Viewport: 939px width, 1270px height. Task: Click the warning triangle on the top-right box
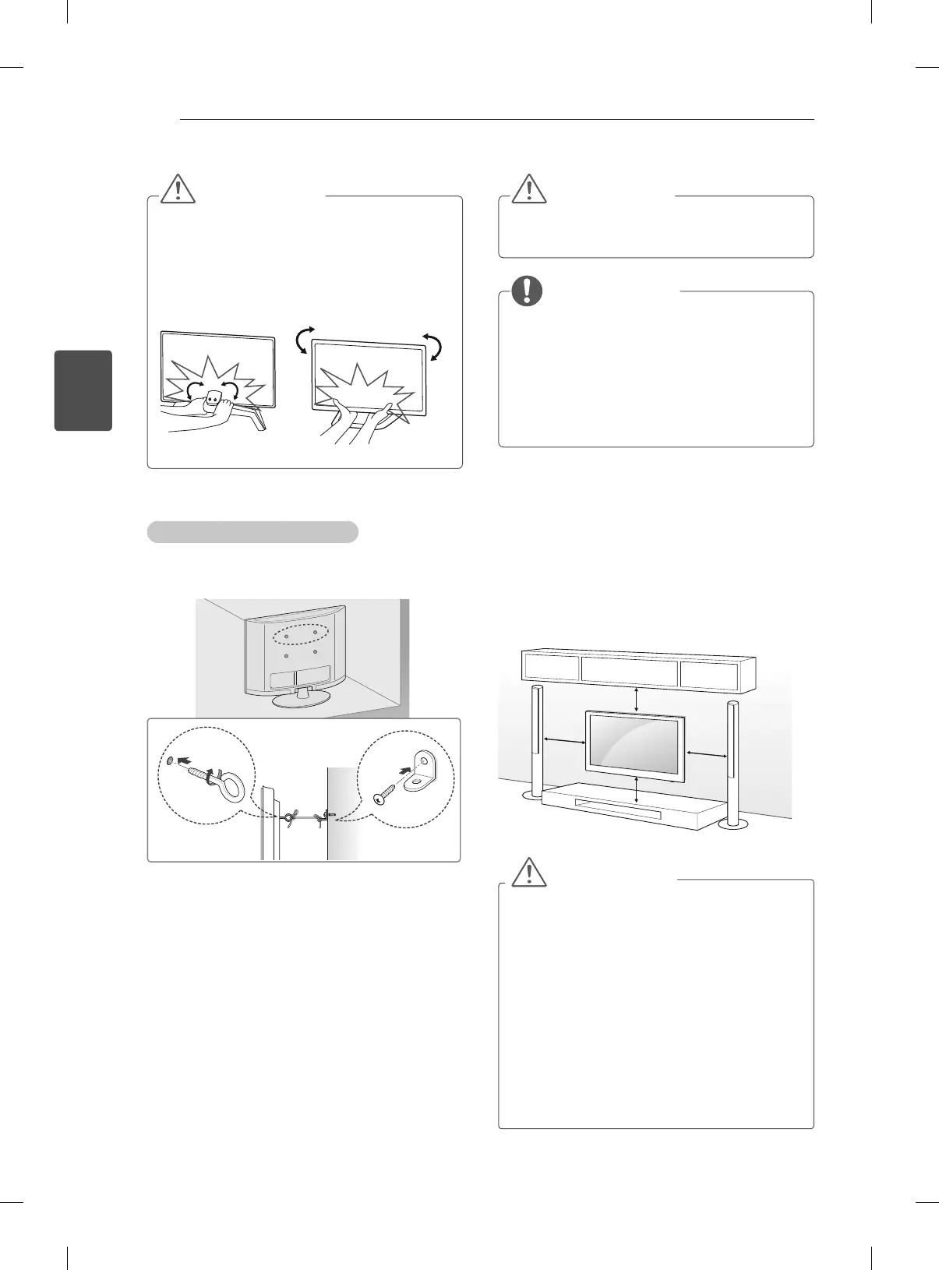529,189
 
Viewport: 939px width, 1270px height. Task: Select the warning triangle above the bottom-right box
529,873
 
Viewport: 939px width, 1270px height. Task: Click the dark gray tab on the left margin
83,390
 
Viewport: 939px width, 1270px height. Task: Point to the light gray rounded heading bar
252,531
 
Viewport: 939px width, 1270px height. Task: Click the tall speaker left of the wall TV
536,740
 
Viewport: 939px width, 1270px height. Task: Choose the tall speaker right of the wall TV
732,760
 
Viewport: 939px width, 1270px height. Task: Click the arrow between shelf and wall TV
638,698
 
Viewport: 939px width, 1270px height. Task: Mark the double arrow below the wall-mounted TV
638,789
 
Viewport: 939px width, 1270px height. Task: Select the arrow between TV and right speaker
707,753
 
